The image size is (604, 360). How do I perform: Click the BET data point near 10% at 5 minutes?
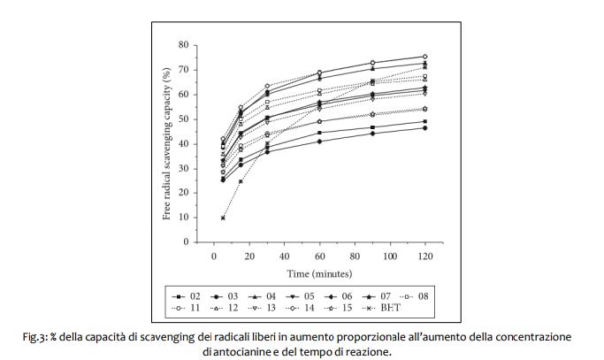click(224, 218)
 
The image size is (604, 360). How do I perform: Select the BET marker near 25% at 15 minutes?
click(241, 181)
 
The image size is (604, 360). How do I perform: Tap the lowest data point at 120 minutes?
click(424, 128)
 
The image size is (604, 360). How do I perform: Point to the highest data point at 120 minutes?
click(424, 57)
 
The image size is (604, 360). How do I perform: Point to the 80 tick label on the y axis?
click(184, 45)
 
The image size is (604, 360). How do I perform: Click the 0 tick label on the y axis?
click(187, 242)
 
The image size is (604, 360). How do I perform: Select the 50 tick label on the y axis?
click(184, 119)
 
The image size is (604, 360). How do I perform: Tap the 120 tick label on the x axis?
click(424, 256)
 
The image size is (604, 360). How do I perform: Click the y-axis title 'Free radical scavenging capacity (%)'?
click(167, 143)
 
